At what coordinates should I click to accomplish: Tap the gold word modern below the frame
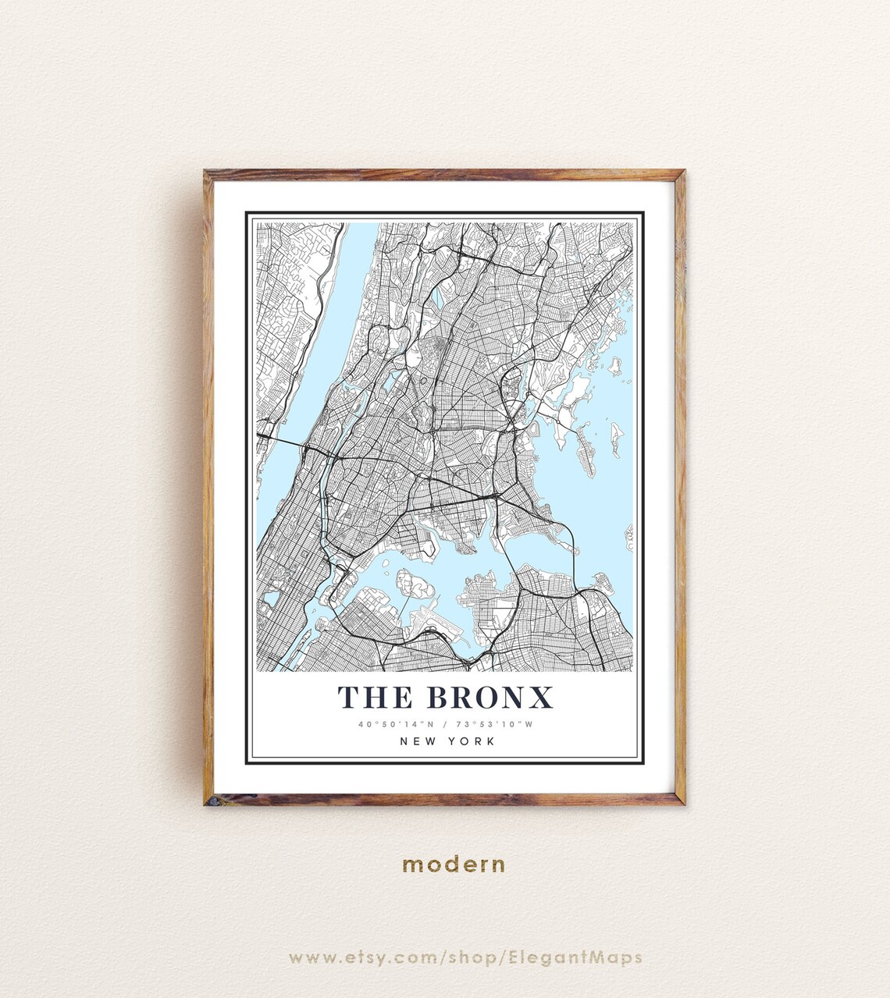[x=454, y=865]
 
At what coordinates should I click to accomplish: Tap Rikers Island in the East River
[x=415, y=586]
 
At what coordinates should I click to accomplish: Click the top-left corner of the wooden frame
[x=208, y=174]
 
